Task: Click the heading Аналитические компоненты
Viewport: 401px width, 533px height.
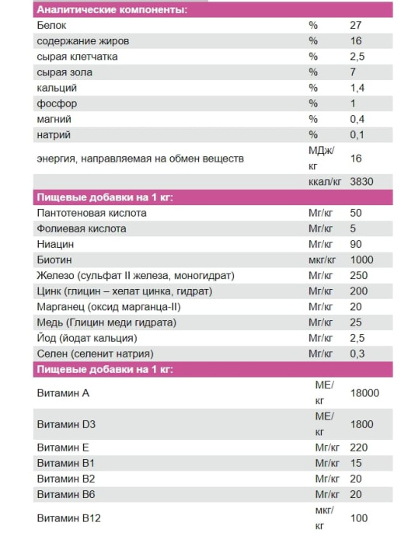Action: click(113, 9)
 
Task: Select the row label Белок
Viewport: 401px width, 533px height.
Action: click(51, 26)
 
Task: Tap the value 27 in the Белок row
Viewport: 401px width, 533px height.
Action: click(356, 26)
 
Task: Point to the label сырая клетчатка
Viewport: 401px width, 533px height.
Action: click(77, 57)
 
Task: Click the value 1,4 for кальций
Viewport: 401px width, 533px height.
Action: click(357, 88)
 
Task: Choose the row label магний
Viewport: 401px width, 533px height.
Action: click(54, 119)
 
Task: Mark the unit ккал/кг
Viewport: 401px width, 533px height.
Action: click(325, 181)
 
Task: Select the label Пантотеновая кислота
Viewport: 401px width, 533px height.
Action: click(92, 213)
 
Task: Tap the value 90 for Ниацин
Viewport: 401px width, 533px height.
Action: click(356, 244)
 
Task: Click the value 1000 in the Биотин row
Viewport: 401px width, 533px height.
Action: click(362, 260)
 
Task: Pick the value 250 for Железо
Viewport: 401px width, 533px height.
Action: click(359, 276)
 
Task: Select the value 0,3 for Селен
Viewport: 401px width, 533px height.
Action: click(357, 354)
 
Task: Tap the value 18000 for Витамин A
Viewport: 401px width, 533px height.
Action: click(364, 393)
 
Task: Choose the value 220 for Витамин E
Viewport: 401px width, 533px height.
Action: click(359, 448)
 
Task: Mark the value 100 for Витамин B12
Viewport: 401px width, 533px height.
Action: click(359, 518)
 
